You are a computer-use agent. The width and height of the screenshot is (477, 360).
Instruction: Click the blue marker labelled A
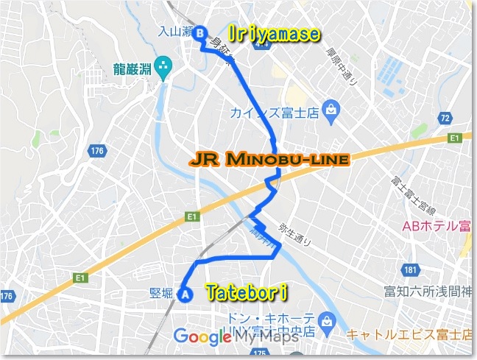[x=185, y=294]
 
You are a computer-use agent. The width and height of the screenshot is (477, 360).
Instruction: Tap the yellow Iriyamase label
[x=274, y=34]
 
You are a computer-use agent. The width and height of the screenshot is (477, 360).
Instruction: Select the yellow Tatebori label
[x=246, y=293]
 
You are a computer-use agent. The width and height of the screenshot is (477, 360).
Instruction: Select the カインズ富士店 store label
[x=276, y=113]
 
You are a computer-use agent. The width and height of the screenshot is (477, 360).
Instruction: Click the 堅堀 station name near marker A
[x=160, y=294]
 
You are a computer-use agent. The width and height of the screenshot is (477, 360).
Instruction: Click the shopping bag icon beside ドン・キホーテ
[x=328, y=320]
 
